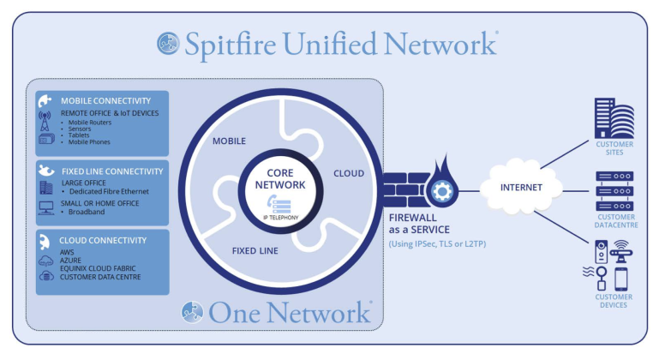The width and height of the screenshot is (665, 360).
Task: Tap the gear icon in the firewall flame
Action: tap(441, 192)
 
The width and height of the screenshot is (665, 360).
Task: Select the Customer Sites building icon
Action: tap(614, 118)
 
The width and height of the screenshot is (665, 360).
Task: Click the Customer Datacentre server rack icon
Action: tap(614, 191)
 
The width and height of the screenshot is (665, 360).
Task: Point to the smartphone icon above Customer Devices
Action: tap(621, 279)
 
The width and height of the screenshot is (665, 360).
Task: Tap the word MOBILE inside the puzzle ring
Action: tap(229, 141)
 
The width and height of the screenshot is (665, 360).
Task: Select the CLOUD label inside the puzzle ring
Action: tap(349, 173)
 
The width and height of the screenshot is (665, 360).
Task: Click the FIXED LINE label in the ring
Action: tap(255, 251)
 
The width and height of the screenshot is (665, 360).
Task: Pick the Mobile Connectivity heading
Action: tap(105, 101)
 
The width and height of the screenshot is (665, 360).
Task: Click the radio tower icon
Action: tap(45, 121)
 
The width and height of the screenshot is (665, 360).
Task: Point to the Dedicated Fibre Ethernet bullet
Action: tap(109, 192)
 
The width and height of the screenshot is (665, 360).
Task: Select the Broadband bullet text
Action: tap(87, 212)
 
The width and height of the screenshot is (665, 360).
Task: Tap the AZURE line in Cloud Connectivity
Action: tap(70, 261)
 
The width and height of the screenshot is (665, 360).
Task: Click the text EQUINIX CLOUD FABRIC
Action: tap(98, 268)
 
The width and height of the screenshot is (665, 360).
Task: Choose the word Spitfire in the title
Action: tap(231, 44)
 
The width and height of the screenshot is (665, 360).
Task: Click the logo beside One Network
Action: tap(192, 312)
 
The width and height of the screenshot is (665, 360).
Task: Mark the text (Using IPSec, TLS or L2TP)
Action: tap(437, 243)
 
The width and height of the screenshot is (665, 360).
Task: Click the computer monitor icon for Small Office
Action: tap(45, 207)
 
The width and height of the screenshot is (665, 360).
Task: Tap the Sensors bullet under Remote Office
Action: tap(80, 129)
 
